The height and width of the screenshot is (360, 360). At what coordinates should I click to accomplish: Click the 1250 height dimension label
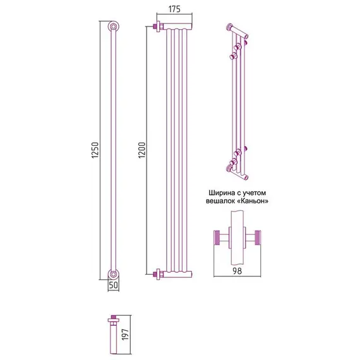[95, 150]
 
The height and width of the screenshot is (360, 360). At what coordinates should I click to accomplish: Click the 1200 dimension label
[142, 150]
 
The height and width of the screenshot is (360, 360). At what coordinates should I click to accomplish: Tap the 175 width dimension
[174, 9]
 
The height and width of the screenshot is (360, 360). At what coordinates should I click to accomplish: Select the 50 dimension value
[114, 285]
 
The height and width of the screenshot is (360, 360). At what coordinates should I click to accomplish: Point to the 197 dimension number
[125, 334]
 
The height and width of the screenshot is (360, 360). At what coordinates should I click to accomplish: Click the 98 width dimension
[237, 271]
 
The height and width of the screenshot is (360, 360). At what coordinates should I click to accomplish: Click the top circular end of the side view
[113, 27]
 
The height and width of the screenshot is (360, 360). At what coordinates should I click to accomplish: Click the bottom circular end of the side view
[113, 274]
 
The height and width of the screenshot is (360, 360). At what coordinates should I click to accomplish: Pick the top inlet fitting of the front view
[159, 27]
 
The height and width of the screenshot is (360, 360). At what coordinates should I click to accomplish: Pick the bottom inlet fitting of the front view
[159, 274]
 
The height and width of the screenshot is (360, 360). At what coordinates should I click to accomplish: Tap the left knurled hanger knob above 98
[217, 237]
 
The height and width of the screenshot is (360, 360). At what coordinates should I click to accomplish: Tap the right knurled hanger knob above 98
[258, 237]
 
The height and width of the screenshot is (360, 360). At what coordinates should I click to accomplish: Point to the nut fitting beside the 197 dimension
[114, 321]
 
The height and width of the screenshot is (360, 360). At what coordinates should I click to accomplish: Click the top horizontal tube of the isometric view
[238, 31]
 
